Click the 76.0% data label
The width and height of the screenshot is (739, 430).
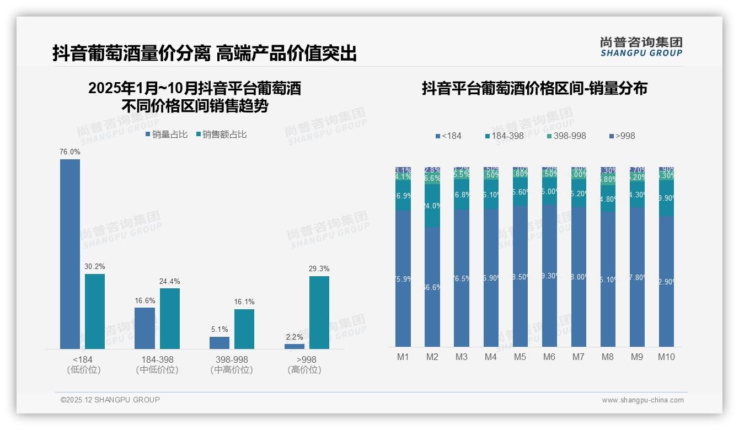point(70,152)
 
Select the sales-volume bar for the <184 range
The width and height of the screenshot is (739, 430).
point(70,254)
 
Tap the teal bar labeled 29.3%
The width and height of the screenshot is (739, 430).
point(319,312)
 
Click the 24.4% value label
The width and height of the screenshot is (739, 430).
point(170,281)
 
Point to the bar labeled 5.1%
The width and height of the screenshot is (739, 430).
point(219,342)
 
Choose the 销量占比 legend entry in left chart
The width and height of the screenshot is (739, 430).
point(167,135)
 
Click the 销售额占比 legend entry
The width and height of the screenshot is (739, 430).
point(221,135)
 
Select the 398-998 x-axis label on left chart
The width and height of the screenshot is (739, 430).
point(232,359)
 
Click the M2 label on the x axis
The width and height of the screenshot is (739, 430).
point(432,357)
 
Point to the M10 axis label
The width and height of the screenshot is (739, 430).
point(666,357)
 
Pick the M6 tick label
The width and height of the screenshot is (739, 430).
point(549,357)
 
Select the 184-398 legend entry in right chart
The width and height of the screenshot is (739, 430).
point(504,136)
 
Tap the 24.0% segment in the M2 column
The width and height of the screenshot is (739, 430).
point(432,206)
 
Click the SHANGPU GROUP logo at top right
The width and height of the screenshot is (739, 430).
point(641,47)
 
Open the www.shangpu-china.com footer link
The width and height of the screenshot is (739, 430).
point(642,400)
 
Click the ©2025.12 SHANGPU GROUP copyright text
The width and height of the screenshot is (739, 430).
point(110,400)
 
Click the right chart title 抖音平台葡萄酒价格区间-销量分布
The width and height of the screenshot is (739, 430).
point(534,88)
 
